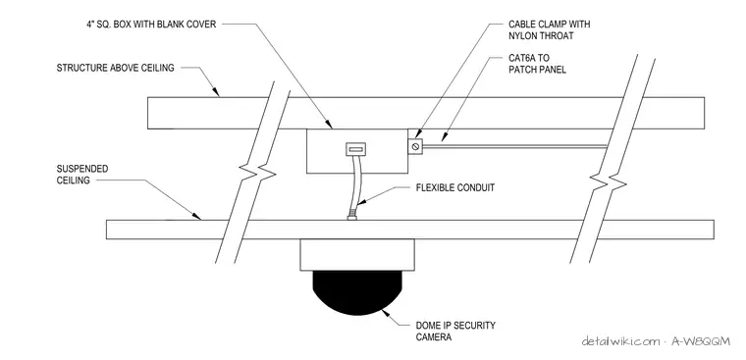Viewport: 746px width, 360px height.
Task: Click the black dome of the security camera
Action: [357, 291]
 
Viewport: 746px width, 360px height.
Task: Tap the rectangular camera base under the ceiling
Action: [357, 254]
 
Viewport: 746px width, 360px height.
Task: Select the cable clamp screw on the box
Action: [415, 146]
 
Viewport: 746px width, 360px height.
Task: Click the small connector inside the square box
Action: [354, 150]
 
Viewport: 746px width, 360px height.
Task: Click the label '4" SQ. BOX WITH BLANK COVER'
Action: [151, 24]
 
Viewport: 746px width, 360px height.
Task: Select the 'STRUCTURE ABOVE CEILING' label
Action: [115, 68]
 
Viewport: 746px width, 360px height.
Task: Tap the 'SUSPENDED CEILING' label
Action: [76, 175]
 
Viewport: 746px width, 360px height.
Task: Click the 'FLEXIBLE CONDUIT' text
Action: [455, 187]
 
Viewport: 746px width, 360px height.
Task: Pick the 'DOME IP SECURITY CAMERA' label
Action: [455, 332]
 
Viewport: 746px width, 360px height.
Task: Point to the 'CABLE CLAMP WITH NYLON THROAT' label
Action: [549, 29]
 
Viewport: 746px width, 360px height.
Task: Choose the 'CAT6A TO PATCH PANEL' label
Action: [537, 64]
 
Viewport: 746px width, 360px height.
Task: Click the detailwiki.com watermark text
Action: [655, 341]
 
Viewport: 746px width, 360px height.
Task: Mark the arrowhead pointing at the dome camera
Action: [388, 313]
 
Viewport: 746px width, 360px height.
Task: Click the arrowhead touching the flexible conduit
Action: [360, 202]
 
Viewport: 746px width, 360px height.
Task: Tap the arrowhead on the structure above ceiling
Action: [216, 91]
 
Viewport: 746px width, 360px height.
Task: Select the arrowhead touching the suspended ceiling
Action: [196, 217]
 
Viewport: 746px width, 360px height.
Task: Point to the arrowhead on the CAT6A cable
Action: [444, 137]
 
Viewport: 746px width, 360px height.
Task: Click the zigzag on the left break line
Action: [259, 172]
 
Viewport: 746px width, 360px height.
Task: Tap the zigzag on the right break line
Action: [609, 181]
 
